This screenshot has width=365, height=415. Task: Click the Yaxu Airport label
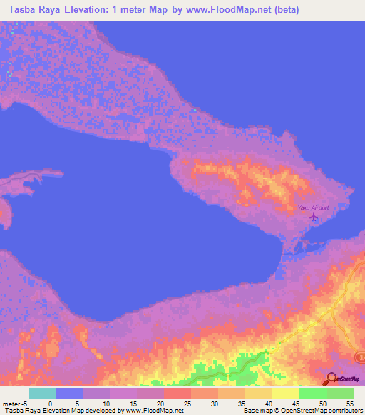tap(313, 207)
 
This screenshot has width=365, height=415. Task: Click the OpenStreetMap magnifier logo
tap(331, 380)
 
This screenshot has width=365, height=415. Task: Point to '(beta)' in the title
tap(284, 9)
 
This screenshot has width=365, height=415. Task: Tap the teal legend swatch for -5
tap(41, 393)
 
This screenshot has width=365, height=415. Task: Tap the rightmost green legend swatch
tap(339, 393)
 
